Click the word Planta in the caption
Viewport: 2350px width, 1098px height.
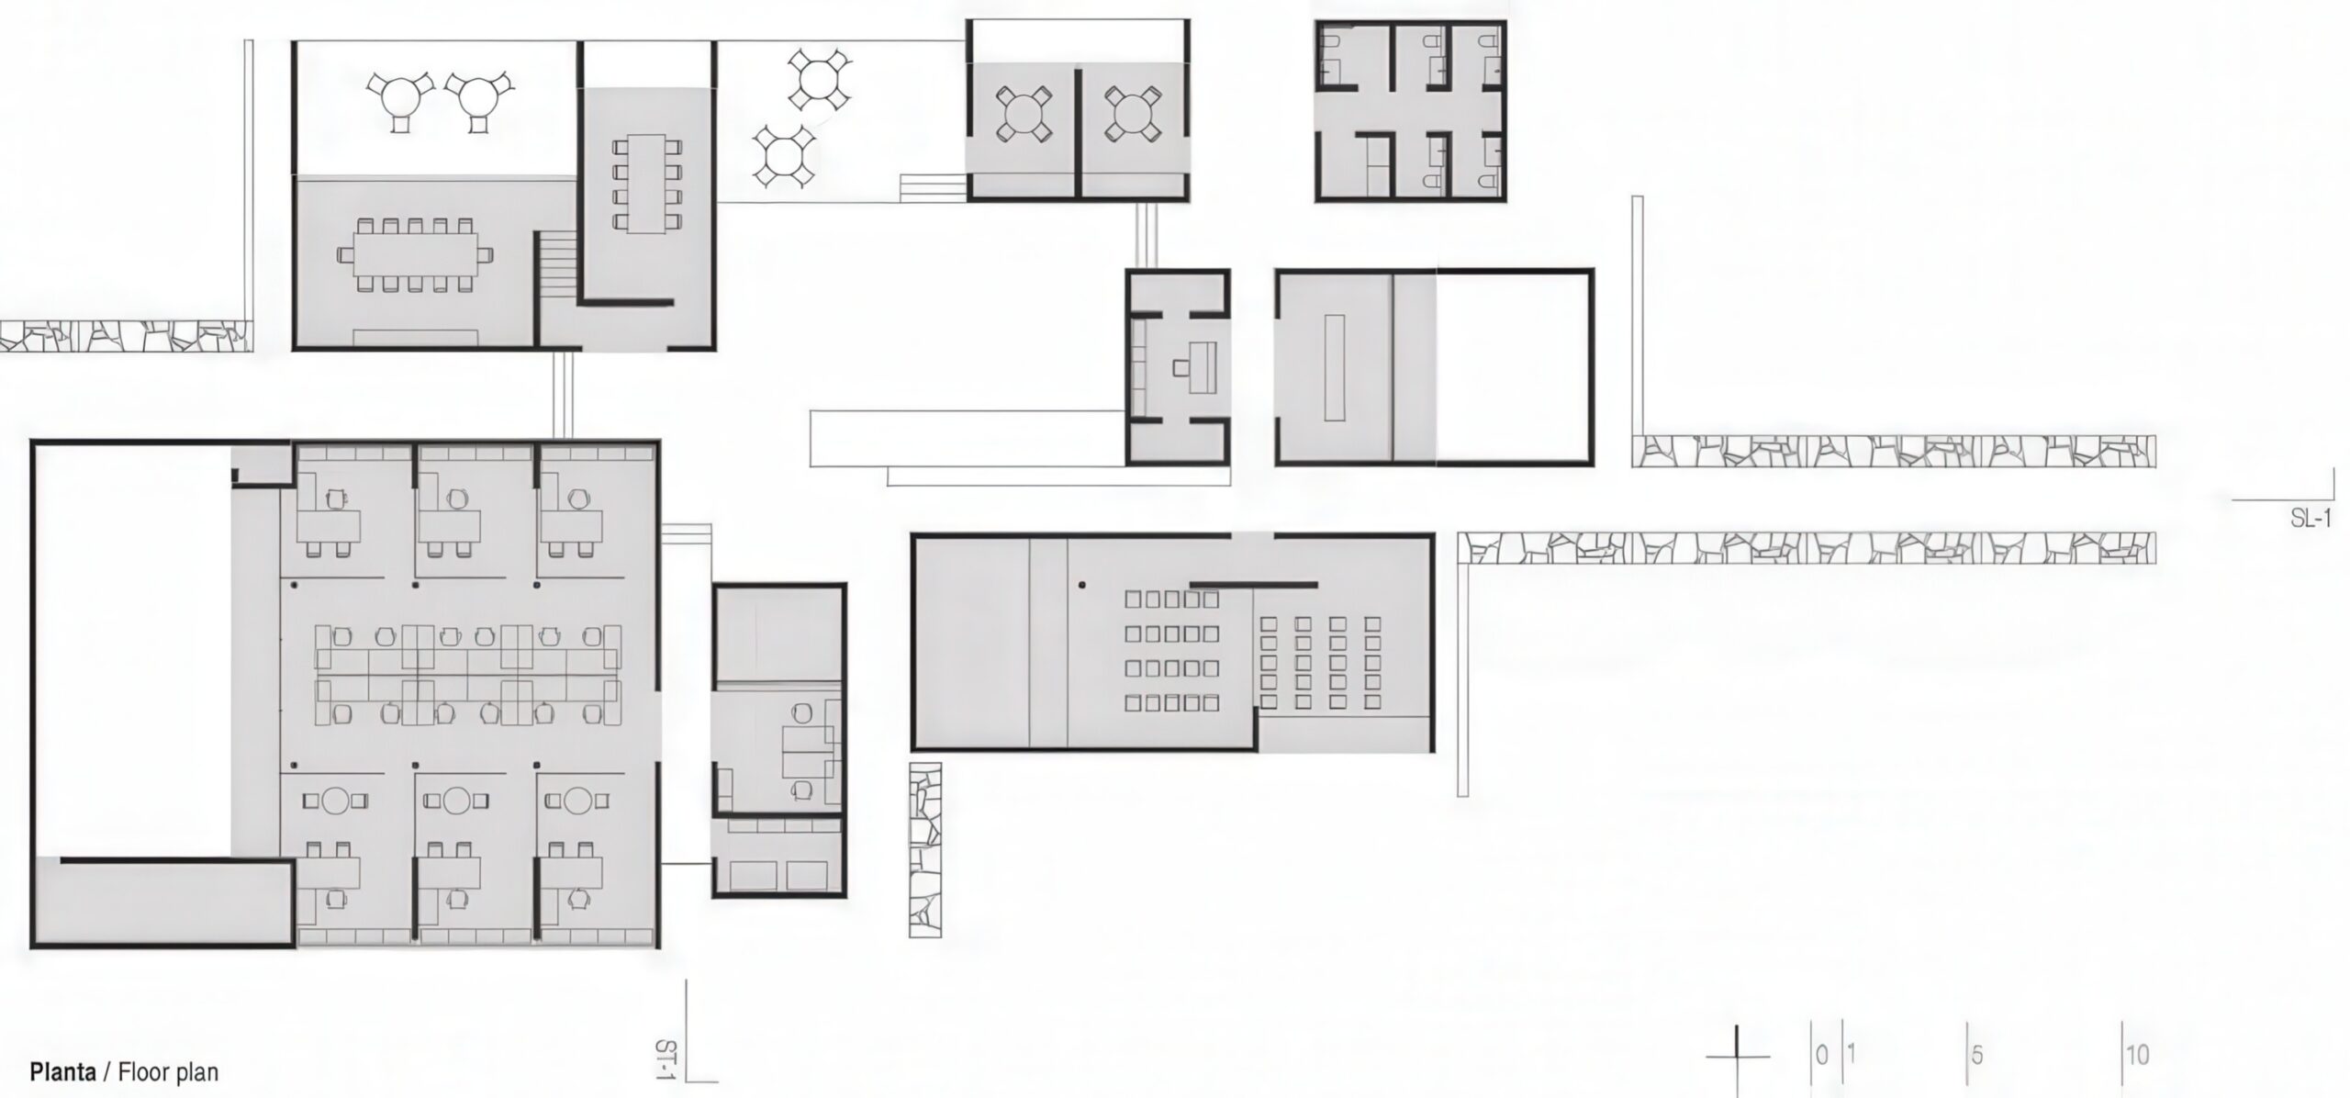pyautogui.click(x=63, y=1071)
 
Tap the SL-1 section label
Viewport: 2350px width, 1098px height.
pyautogui.click(x=2310, y=519)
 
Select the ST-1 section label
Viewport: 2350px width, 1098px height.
pyautogui.click(x=666, y=1059)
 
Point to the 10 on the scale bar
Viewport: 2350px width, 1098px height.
pyautogui.click(x=2137, y=1056)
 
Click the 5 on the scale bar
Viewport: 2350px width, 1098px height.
pyautogui.click(x=1976, y=1056)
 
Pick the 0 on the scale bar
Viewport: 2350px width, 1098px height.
pyautogui.click(x=1821, y=1054)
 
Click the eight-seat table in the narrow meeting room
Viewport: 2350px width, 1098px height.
pyautogui.click(x=647, y=184)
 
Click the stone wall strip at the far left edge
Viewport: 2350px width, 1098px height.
pyautogui.click(x=125, y=336)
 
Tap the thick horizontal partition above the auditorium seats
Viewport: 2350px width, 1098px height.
pyautogui.click(x=1253, y=584)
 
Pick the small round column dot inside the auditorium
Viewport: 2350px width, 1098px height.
pyautogui.click(x=1083, y=584)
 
